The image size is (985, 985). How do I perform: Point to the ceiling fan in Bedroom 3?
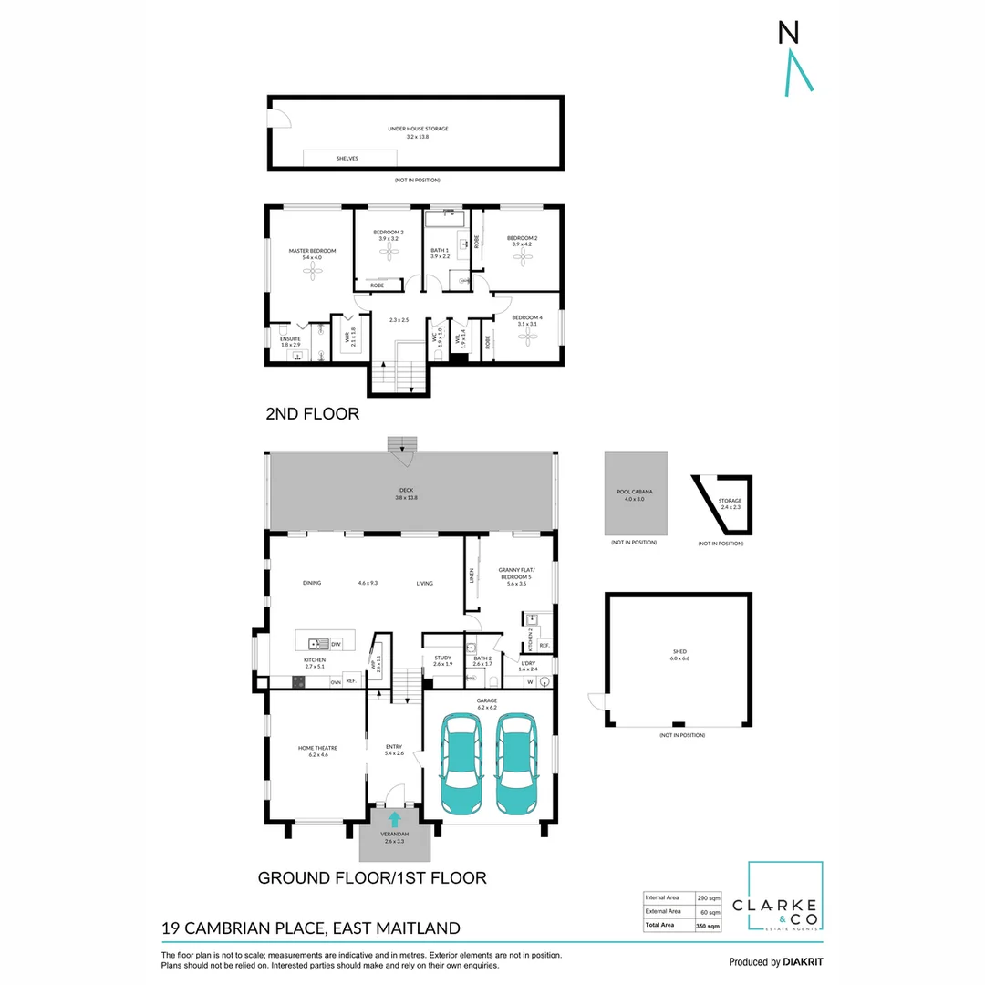coord(389,251)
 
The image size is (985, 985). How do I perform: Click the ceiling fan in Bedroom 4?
coord(524,336)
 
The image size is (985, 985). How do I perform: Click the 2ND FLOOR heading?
coord(312,413)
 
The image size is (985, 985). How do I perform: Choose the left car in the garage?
coord(461,763)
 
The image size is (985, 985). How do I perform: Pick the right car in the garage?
coord(517,763)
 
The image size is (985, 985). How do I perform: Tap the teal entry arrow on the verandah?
coord(394,819)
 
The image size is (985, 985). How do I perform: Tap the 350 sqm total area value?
coord(708,926)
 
